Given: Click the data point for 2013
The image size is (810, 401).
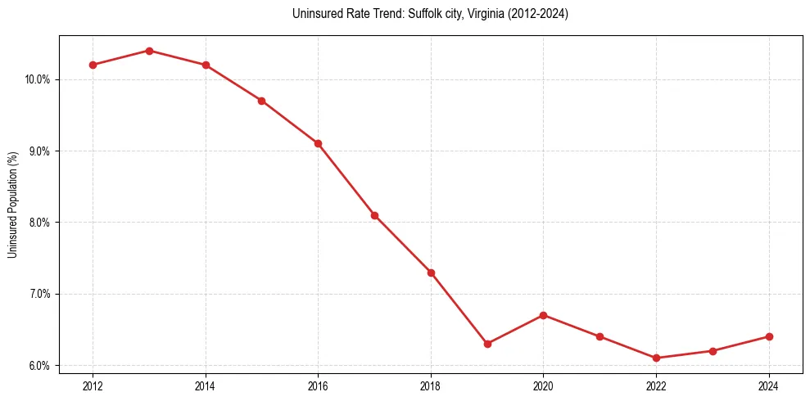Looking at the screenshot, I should [x=149, y=51].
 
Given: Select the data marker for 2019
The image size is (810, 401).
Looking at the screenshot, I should [x=487, y=344].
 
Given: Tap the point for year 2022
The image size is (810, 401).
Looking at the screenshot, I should [x=656, y=358].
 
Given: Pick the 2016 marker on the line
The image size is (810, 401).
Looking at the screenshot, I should [x=318, y=143].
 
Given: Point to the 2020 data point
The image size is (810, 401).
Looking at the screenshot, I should [x=544, y=315].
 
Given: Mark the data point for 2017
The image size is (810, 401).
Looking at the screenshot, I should [x=374, y=215].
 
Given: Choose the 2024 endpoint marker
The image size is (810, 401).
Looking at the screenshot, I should [x=769, y=336].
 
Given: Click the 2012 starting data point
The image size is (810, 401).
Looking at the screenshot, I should [x=93, y=65].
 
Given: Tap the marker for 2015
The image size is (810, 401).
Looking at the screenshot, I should [x=261, y=101].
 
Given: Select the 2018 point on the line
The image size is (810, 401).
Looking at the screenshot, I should [x=431, y=273].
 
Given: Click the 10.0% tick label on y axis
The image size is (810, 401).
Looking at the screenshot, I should [x=38, y=79].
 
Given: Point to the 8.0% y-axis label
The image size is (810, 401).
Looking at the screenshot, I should [x=39, y=223].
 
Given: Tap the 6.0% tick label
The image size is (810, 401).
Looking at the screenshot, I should [x=39, y=366].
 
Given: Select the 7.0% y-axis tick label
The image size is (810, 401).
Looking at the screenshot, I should [x=39, y=294].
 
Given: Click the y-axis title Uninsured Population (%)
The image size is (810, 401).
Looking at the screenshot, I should [x=13, y=205].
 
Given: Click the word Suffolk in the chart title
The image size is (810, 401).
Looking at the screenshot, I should [x=423, y=14].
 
